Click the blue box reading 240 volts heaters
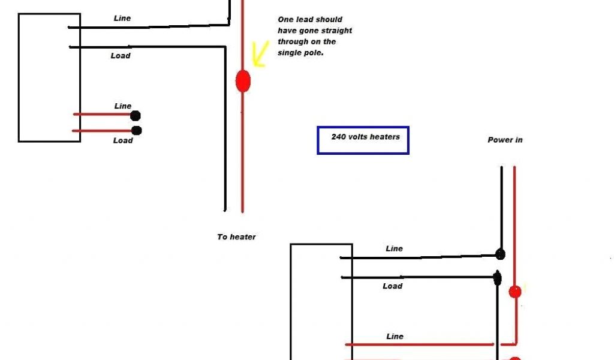[363, 140]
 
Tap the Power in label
[505, 140]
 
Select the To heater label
[236, 237]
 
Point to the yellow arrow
[260, 53]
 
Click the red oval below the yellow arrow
[243, 80]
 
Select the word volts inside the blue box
[357, 137]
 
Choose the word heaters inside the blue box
[384, 137]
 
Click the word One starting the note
[285, 20]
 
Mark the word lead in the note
[305, 20]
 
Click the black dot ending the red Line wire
[136, 116]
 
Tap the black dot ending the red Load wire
[136, 130]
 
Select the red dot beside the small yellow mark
[515, 292]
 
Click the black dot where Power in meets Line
[500, 254]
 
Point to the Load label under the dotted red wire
[122, 140]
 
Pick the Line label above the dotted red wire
[123, 106]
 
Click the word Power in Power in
[499, 140]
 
